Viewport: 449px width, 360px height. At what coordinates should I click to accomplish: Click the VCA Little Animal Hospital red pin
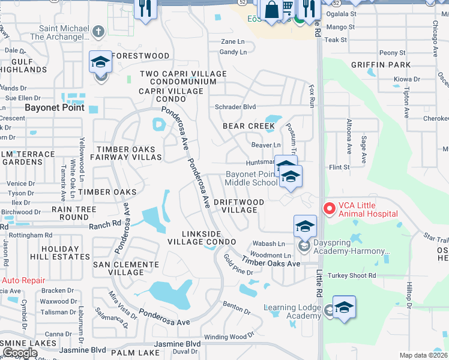point(329,208)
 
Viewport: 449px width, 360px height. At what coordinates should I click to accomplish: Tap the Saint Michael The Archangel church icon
point(100,31)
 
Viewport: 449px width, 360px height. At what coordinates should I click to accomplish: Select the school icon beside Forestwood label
point(100,62)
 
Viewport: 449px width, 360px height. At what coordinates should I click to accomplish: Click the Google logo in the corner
point(20,353)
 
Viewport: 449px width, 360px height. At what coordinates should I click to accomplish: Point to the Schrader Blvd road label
point(236,107)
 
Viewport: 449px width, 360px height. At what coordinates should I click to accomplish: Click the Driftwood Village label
point(239,206)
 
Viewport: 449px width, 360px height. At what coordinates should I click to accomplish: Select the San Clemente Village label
point(127,268)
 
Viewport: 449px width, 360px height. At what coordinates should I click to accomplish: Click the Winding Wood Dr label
point(229,337)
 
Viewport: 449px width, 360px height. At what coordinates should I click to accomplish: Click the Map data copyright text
point(424,355)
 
